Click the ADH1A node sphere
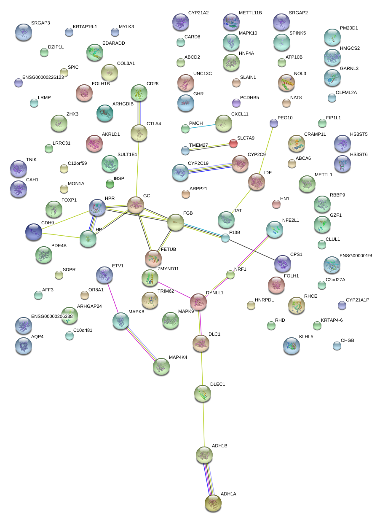point(213,503)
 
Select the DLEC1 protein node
point(203,393)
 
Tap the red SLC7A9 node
point(233,143)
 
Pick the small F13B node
point(225,238)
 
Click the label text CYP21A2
point(198,13)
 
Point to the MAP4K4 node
point(161,366)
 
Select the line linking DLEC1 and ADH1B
point(203,424)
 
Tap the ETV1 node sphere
point(104,275)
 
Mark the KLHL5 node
point(292,345)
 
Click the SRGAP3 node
point(23,32)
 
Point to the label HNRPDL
point(265,300)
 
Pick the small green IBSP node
point(110,184)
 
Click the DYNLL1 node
point(198,301)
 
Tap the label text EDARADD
point(113,43)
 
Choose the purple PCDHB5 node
point(236,102)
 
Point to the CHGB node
point(337,346)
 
